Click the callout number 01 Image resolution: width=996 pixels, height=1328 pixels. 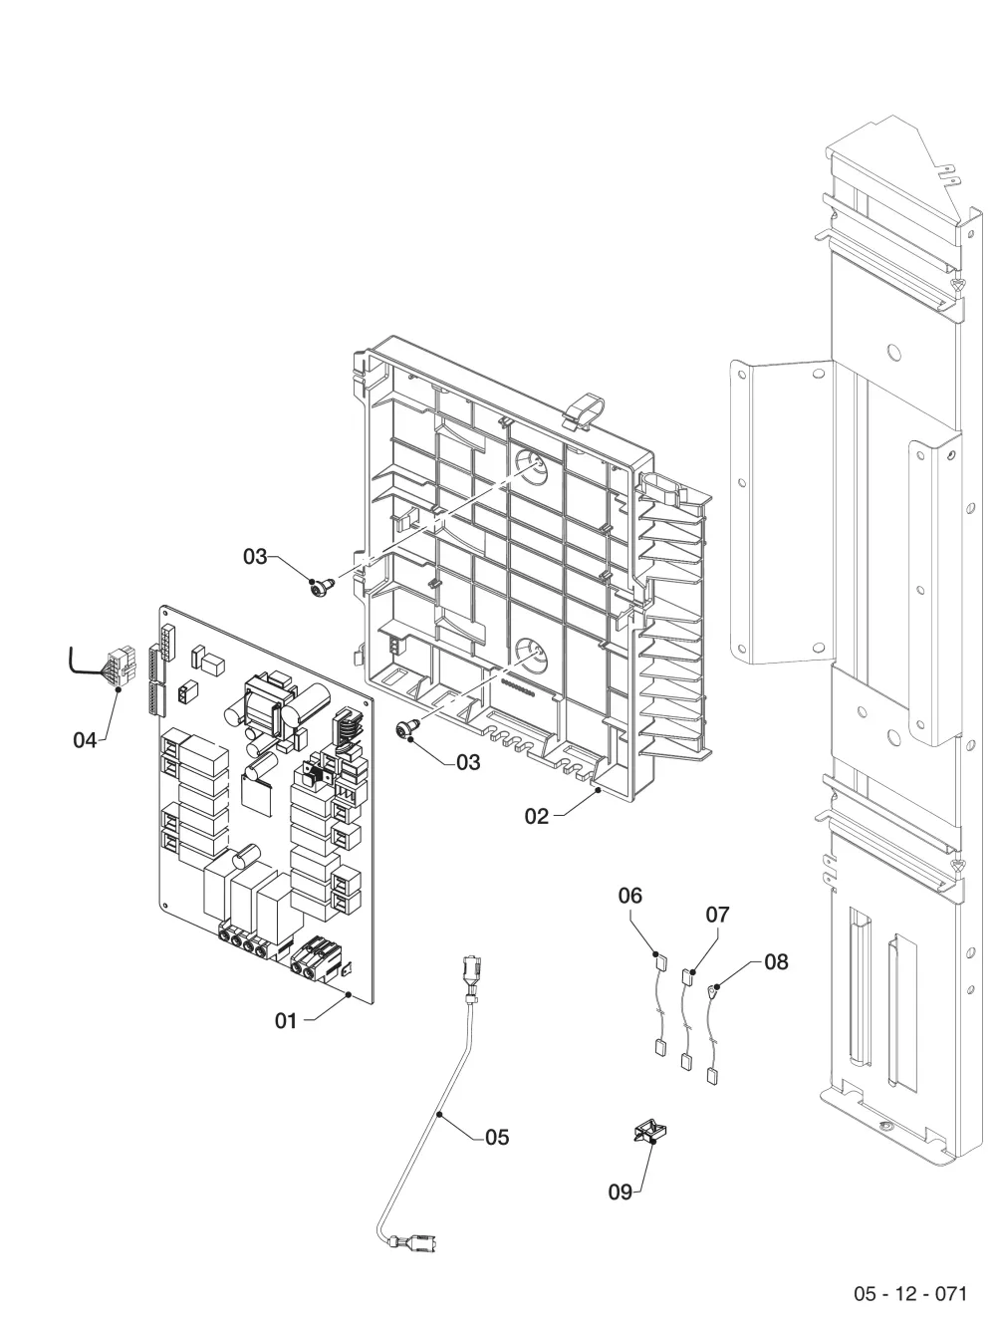286,1020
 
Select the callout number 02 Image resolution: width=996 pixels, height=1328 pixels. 537,816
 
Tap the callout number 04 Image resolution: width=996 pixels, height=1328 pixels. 85,739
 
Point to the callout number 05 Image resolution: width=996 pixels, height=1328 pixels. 497,1137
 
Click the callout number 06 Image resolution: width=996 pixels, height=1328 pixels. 630,895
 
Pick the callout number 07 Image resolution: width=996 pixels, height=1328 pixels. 718,915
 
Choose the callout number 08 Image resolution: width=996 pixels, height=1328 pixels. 777,961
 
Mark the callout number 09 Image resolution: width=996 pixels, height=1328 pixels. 621,1192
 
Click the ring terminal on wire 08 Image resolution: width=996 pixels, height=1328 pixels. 713,990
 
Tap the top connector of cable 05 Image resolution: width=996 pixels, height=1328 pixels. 470,975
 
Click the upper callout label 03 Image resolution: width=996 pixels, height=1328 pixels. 255,556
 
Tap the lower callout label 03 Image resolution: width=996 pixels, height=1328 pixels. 468,762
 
